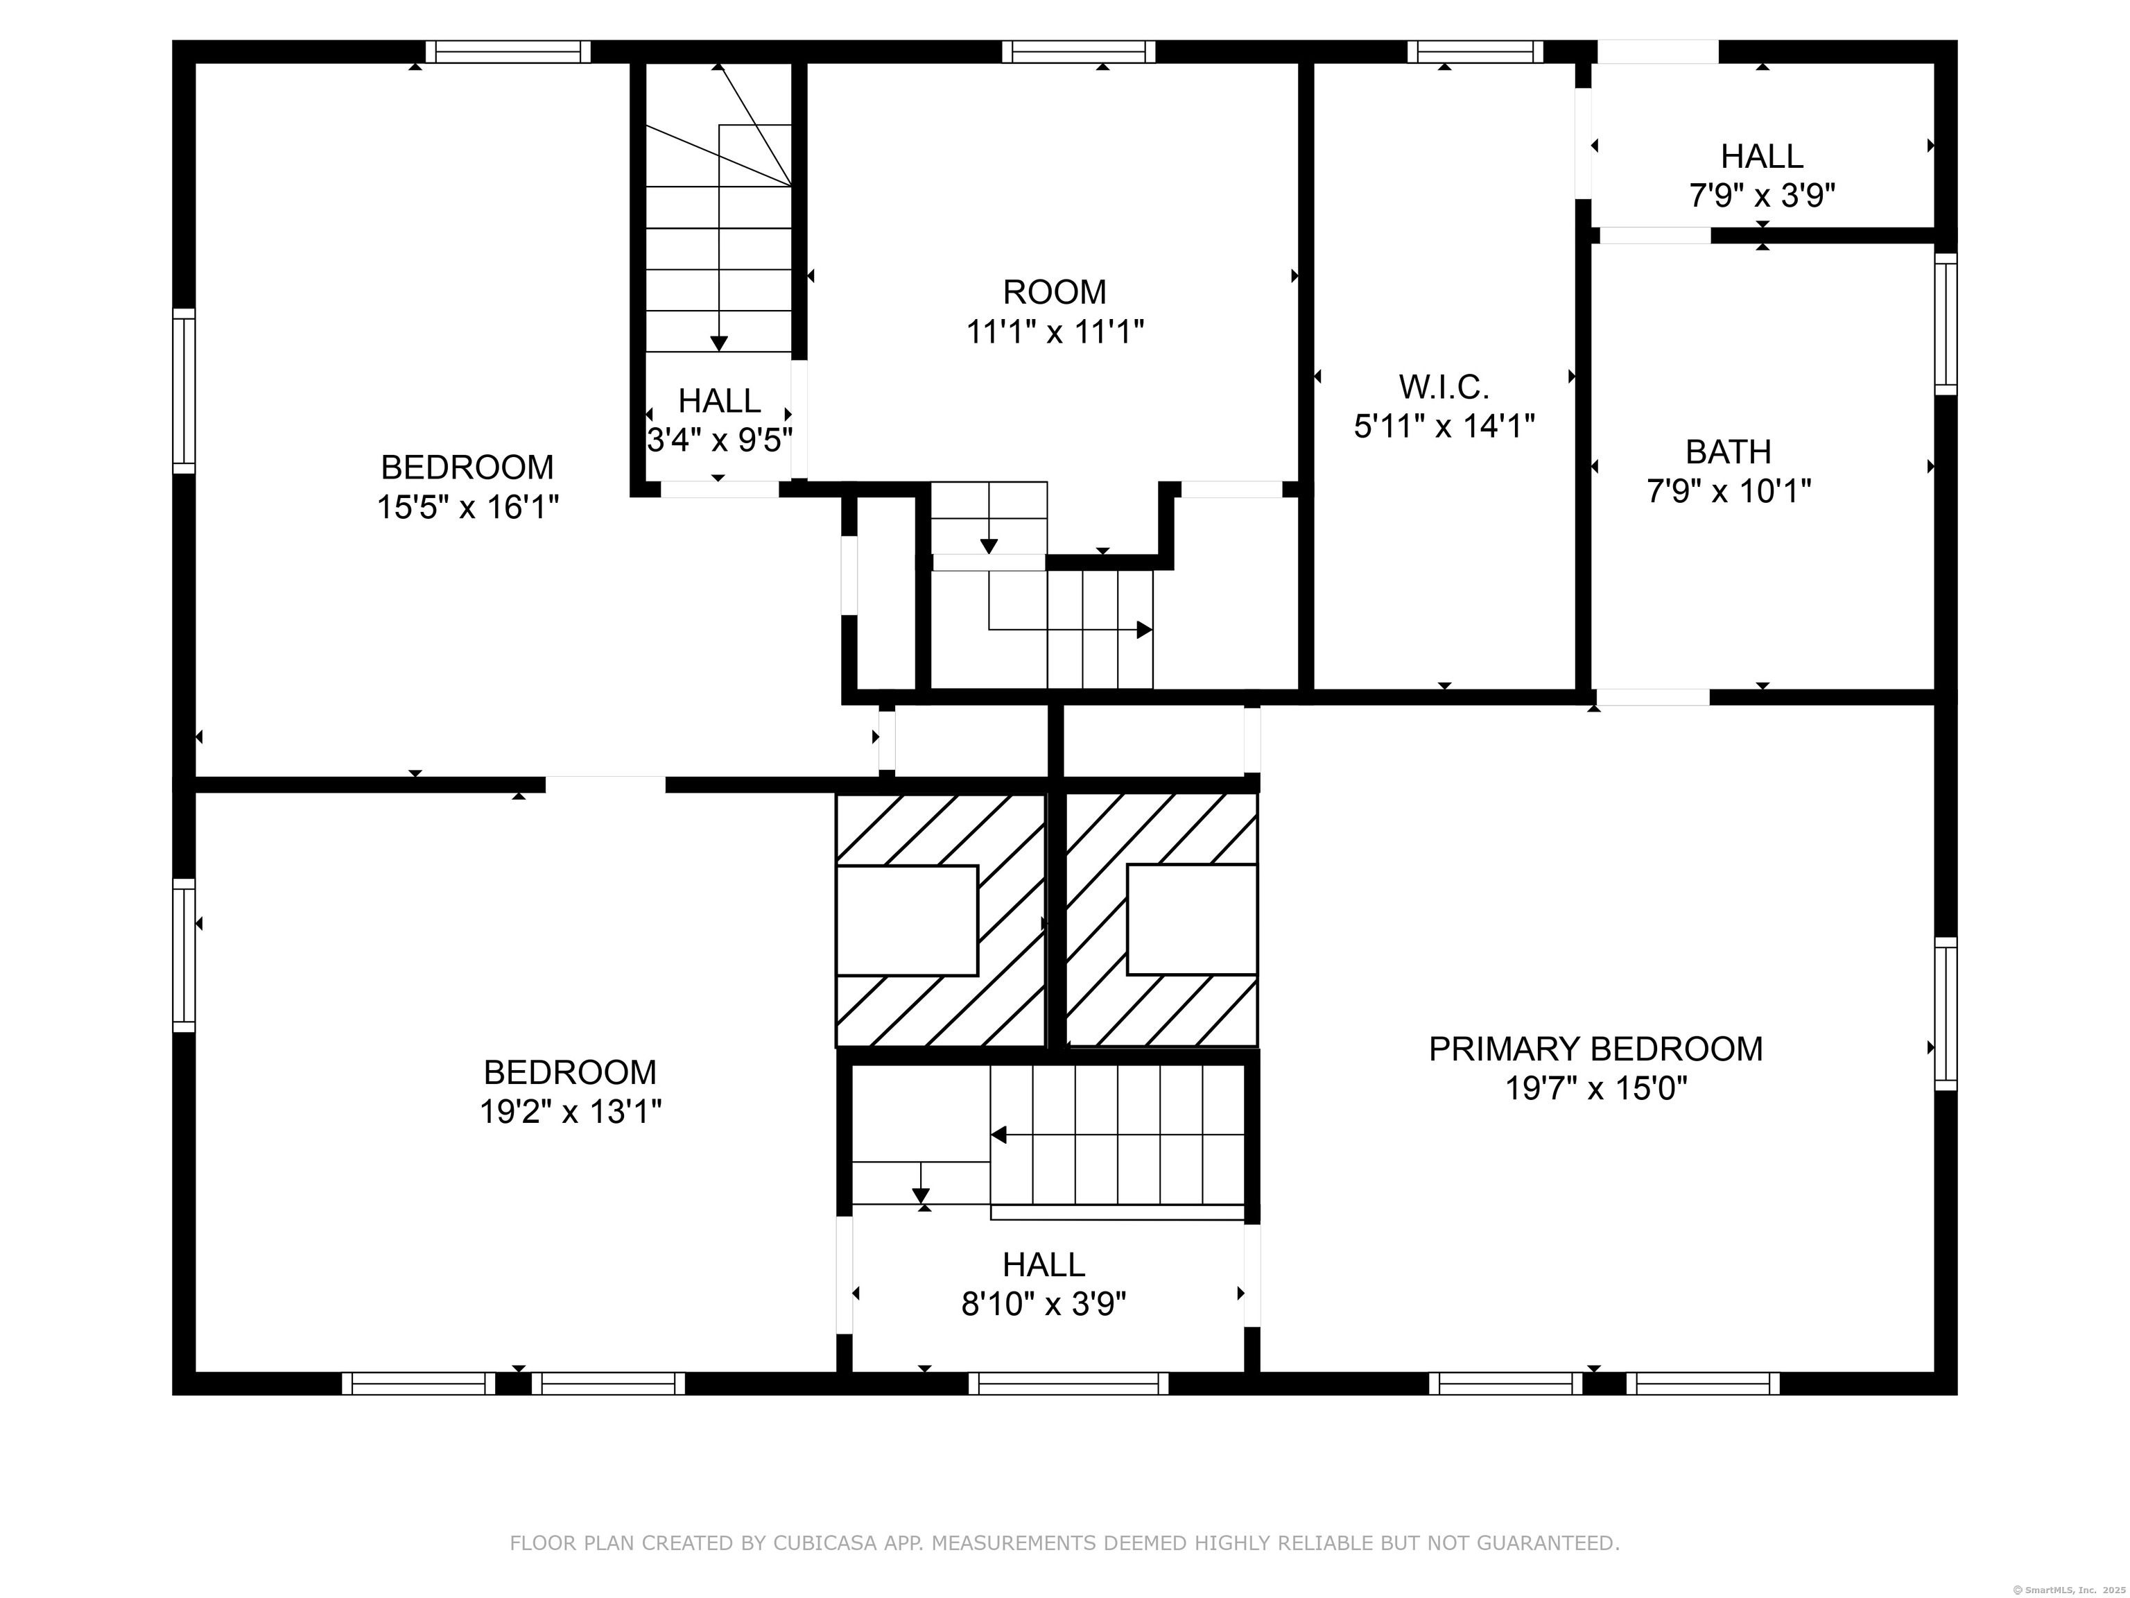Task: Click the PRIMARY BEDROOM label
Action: [x=1595, y=1049]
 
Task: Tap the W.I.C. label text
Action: [x=1444, y=387]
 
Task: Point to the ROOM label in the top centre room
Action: [x=1055, y=292]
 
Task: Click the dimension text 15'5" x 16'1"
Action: [x=468, y=508]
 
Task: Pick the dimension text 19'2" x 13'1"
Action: [x=571, y=1112]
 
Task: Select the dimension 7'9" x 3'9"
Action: [x=1762, y=196]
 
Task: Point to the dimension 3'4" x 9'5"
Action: [x=719, y=441]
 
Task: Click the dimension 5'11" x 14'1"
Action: [x=1444, y=427]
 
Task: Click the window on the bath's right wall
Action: [x=1946, y=324]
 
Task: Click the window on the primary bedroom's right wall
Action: [x=1946, y=1013]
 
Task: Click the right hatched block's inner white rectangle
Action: [x=1192, y=920]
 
